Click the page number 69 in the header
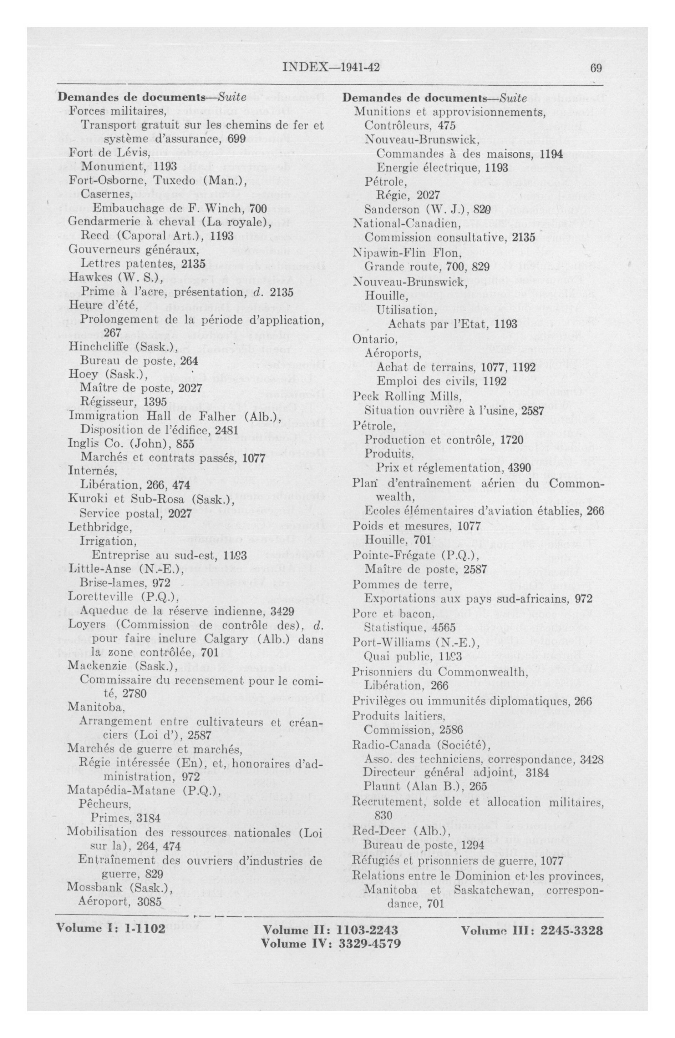point(596,68)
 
